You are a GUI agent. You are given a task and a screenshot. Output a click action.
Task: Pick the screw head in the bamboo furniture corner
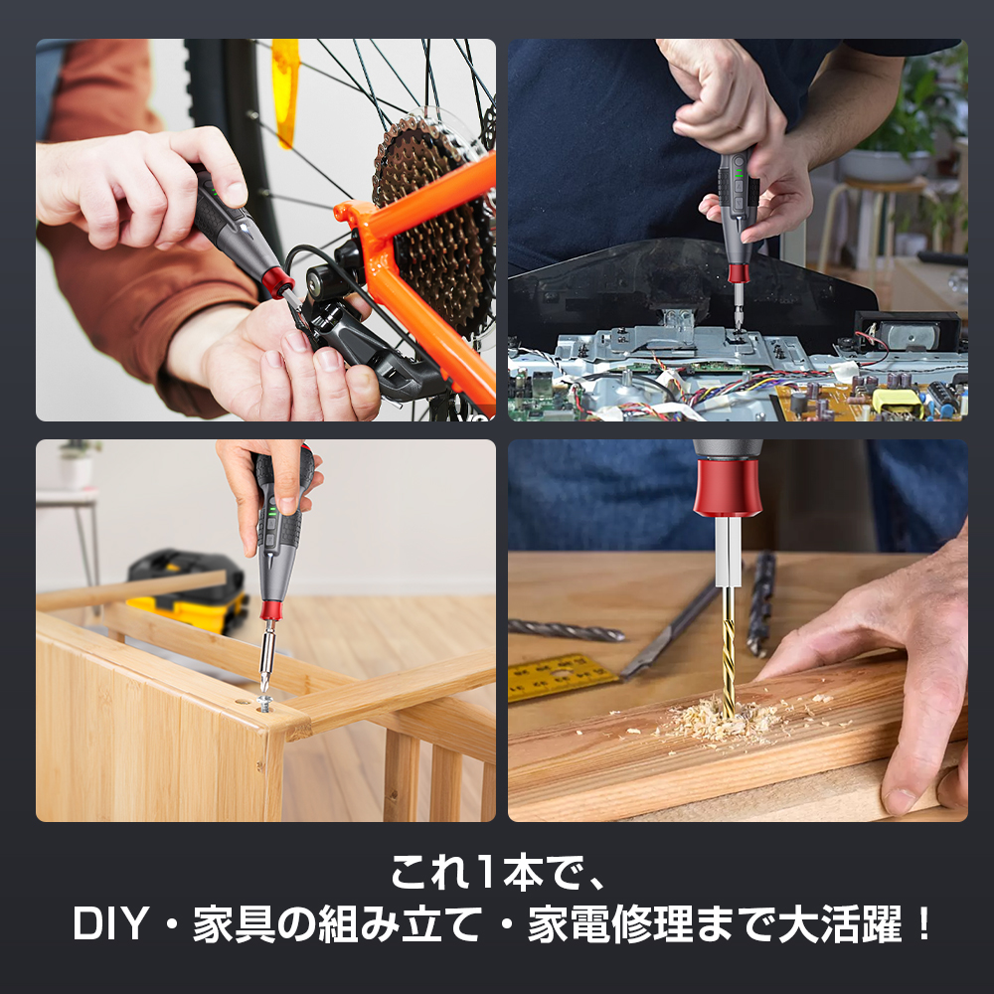point(265,704)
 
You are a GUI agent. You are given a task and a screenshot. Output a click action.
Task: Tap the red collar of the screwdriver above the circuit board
point(738,271)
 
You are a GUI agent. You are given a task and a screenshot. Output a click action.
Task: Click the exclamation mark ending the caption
point(923,926)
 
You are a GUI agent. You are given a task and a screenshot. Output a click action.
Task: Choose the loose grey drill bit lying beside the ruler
point(567,630)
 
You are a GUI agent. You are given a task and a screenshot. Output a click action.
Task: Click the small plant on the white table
point(77,462)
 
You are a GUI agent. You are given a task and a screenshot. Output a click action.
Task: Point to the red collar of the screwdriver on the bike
point(272,285)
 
